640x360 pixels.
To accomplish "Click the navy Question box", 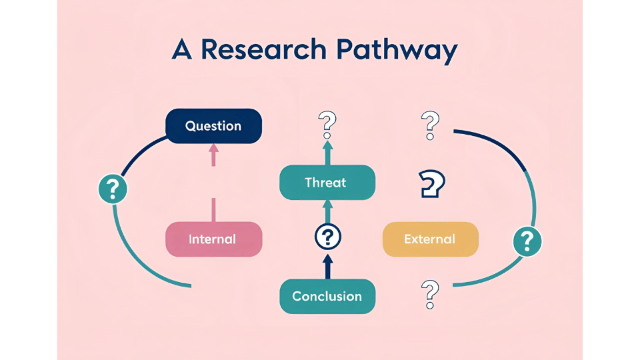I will tap(213, 126).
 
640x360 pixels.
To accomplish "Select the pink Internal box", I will tap(213, 239).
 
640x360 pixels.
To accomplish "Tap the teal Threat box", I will tap(327, 182).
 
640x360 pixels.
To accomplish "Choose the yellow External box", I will tap(430, 239).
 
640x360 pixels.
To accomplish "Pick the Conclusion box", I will tap(327, 296).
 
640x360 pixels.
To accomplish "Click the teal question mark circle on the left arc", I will tap(113, 189).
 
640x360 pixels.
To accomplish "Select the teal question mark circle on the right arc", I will tap(527, 240).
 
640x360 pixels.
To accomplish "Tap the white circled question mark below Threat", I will tap(327, 237).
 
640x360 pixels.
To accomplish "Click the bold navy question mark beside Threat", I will tap(432, 183).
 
